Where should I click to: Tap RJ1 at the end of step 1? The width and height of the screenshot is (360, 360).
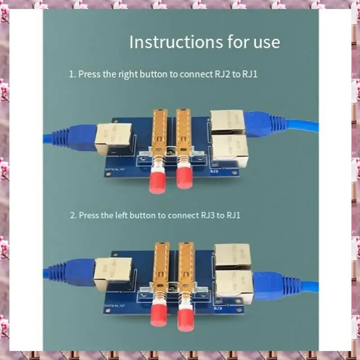[250, 74]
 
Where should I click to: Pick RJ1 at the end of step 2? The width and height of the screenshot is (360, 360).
[233, 215]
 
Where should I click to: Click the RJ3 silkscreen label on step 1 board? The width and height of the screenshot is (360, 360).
[214, 171]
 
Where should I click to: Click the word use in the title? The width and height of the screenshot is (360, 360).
[265, 42]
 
